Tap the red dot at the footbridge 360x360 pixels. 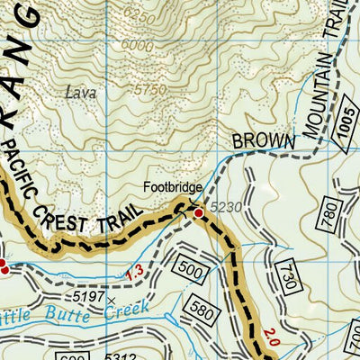coord(199,213)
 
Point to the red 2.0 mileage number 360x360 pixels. coord(271,342)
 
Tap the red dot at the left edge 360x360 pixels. coord(3,266)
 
